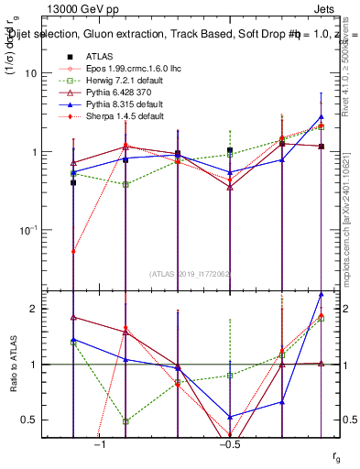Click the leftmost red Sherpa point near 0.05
pos(73,251)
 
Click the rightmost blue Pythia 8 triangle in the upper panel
pos(321,116)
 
